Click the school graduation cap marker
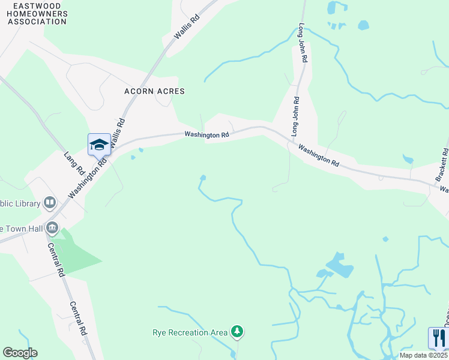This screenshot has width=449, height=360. tap(99, 145)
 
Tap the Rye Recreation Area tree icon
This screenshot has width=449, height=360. tap(238, 331)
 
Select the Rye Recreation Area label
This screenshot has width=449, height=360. tap(190, 332)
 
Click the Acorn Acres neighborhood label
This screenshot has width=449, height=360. tap(154, 91)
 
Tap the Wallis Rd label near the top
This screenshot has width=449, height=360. tap(186, 28)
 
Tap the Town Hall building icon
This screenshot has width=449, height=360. tap(52, 228)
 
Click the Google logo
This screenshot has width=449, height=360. tap(20, 353)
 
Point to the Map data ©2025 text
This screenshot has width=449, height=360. tap(423, 355)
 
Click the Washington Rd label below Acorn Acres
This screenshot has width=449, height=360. tap(206, 135)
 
